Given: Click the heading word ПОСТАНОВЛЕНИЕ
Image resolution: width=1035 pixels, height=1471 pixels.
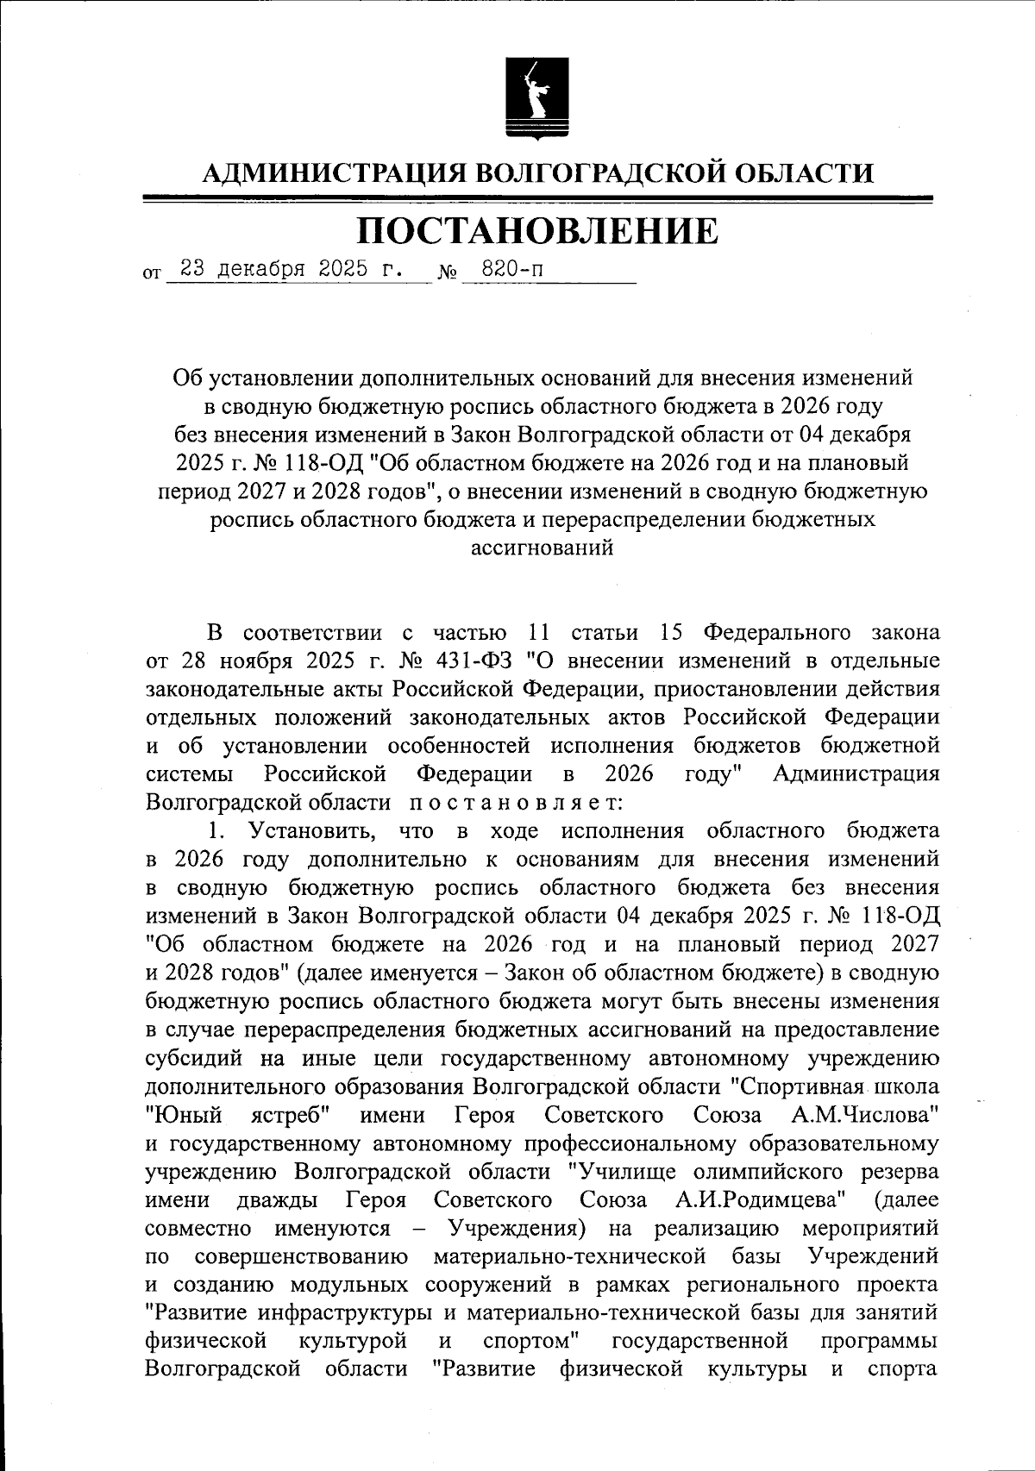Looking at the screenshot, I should tap(536, 230).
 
